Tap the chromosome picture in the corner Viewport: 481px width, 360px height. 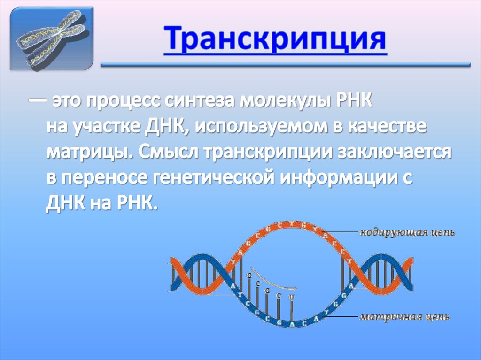(52, 38)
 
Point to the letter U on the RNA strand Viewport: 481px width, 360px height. (292, 297)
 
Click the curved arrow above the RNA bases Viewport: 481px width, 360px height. (272, 278)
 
